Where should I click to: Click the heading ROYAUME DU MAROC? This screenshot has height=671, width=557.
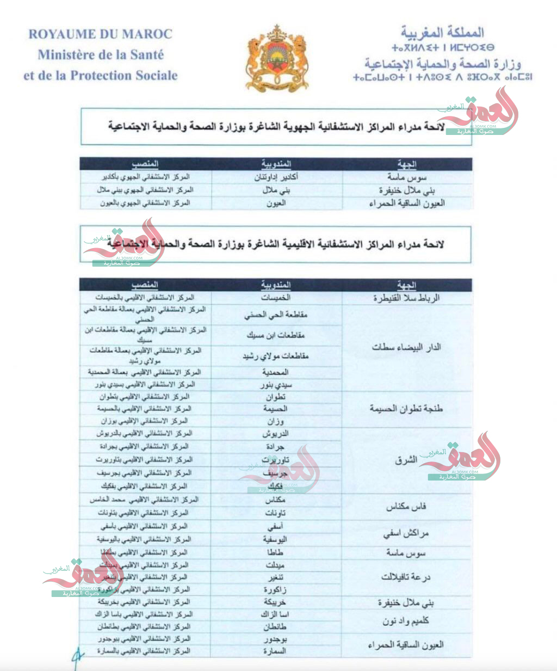100,34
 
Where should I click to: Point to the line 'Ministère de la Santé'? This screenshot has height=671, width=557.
101,54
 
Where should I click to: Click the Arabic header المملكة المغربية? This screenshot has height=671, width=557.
442,32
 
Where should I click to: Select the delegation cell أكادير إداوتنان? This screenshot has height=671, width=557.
276,177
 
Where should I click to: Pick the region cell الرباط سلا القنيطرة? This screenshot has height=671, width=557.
406,298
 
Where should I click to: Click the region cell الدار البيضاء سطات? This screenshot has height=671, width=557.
406,347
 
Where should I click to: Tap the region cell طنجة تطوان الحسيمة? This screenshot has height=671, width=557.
406,409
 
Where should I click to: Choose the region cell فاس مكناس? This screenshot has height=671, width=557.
406,507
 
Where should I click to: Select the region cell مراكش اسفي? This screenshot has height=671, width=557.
406,533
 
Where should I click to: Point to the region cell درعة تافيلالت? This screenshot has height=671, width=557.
406,577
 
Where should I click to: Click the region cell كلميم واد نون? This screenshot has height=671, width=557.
406,621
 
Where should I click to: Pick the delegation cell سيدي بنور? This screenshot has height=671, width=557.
276,385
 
